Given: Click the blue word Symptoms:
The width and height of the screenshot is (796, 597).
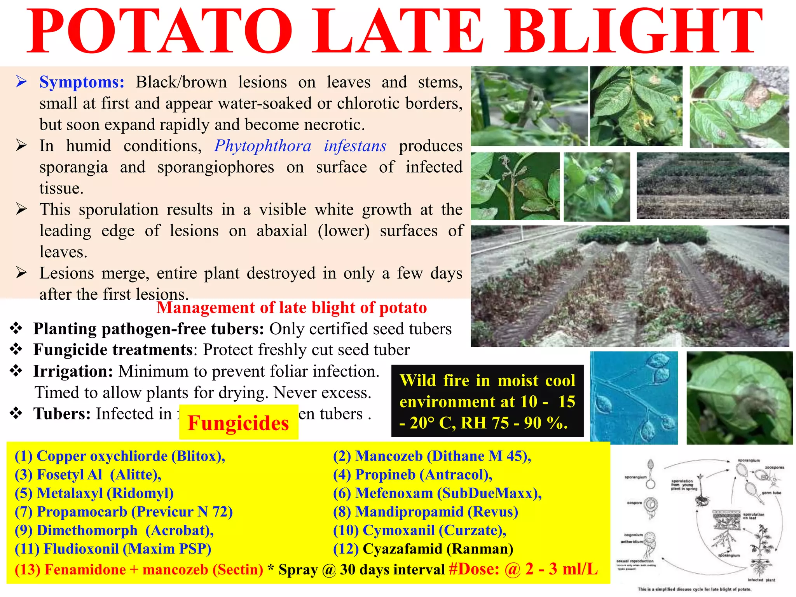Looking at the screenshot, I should (x=82, y=82).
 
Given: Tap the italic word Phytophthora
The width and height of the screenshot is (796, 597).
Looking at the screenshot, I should (x=263, y=146).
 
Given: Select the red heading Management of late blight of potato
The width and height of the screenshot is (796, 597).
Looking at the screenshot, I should (x=292, y=308).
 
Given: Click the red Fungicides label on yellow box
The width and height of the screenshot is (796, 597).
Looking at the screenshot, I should (x=238, y=423).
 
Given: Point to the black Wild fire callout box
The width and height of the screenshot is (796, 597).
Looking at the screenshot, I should (x=487, y=401).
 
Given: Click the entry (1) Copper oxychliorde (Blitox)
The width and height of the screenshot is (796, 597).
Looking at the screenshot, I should (x=120, y=456).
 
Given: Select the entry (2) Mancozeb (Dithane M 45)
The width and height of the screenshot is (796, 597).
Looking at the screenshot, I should (x=432, y=456).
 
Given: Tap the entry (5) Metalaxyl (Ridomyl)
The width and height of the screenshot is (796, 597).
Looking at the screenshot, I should (x=94, y=493).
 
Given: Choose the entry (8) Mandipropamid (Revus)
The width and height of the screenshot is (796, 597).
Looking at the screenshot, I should (x=426, y=512).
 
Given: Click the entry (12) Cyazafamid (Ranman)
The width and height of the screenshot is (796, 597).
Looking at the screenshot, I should (x=423, y=549).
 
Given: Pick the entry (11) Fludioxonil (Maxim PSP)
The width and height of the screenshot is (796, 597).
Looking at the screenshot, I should (x=113, y=549).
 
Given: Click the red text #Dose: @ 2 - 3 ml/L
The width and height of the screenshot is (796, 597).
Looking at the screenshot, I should (x=523, y=569).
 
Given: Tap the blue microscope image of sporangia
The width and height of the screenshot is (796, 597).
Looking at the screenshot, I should (x=634, y=398).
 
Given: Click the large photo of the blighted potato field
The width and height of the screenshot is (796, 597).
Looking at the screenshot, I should (x=630, y=286).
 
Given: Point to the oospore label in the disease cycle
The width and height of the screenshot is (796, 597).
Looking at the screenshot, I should (x=634, y=503).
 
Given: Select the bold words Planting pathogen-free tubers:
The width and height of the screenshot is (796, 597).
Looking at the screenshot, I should (x=148, y=329).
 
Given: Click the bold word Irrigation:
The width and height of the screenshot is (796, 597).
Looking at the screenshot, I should (x=73, y=371).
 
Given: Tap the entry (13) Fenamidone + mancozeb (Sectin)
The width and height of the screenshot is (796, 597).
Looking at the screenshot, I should (x=139, y=569).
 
